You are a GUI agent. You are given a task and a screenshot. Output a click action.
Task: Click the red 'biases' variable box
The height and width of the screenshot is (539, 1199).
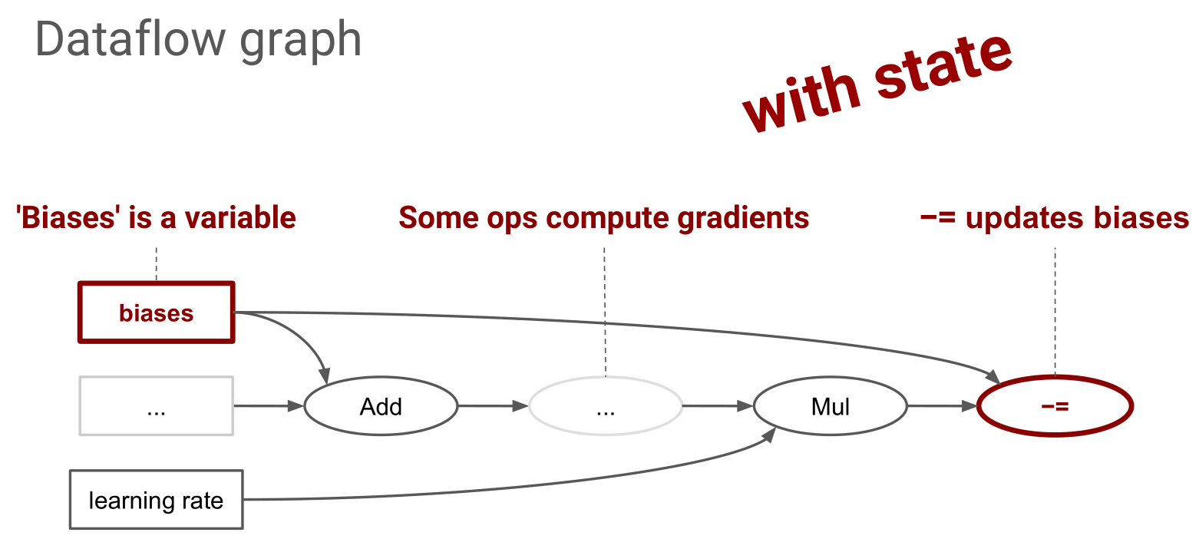point(156,312)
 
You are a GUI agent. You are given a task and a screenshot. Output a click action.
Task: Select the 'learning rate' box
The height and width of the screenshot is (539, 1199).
point(156,500)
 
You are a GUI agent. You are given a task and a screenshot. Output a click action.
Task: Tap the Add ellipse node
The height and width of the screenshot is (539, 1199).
point(381,406)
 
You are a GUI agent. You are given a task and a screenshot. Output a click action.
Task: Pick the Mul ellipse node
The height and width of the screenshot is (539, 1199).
point(830,406)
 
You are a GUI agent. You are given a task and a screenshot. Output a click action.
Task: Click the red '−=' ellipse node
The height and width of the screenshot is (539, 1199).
point(1055,406)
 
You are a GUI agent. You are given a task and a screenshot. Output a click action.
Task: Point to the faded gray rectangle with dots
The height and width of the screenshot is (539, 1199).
point(156,406)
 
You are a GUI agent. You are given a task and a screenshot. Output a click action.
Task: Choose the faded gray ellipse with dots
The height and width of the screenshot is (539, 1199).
point(606,406)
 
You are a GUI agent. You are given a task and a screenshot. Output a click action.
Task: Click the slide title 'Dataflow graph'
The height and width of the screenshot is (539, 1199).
point(198,40)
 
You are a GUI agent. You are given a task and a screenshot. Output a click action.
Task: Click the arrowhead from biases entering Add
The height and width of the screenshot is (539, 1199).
point(326,377)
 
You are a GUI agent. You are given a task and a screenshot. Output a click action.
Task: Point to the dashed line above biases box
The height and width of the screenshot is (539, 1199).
point(156,263)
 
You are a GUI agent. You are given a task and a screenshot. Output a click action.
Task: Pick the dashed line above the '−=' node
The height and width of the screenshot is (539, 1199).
point(1055,307)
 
